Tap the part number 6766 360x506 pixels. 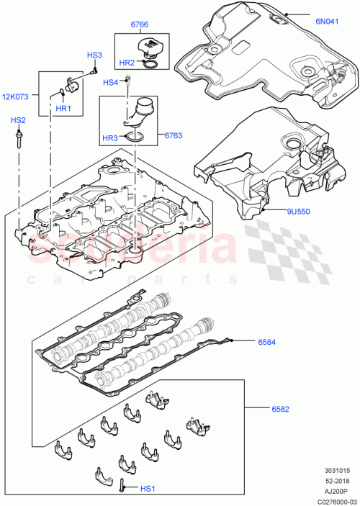tap(139, 26)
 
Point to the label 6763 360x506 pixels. tap(174, 135)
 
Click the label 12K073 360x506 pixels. tap(16, 96)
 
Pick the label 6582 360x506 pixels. tap(280, 409)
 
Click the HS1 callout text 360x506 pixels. tap(148, 489)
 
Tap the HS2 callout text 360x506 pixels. tap(17, 120)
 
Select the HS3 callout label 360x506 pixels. tap(94, 55)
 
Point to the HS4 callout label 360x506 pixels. tap(109, 82)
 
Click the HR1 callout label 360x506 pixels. tap(64, 108)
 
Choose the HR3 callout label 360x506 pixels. tap(110, 138)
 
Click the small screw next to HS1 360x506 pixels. tap(123, 487)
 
